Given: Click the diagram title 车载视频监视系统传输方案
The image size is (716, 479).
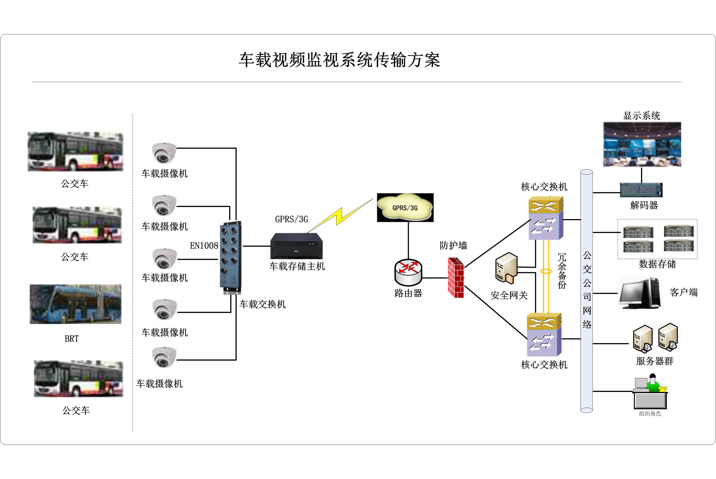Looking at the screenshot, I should (x=339, y=60).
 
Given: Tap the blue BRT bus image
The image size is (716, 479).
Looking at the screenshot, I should (x=75, y=304).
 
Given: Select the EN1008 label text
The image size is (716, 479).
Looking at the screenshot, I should (x=204, y=246).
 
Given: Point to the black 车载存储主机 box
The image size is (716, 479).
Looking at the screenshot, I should (x=296, y=246).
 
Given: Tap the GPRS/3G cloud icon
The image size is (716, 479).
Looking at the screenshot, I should (x=405, y=207).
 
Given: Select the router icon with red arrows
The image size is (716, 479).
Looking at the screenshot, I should (x=408, y=272).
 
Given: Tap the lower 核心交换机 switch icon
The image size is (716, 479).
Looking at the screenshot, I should (x=544, y=335).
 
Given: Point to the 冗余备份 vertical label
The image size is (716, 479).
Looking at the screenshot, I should (x=562, y=271).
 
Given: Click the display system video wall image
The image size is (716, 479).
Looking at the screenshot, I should (x=642, y=144).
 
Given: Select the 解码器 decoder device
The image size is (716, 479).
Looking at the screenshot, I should (x=641, y=190).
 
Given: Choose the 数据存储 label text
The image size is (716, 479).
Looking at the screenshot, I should (x=657, y=264).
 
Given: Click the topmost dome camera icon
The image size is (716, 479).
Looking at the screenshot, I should (x=164, y=153).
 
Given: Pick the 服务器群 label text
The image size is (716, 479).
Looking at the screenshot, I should (x=655, y=361).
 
